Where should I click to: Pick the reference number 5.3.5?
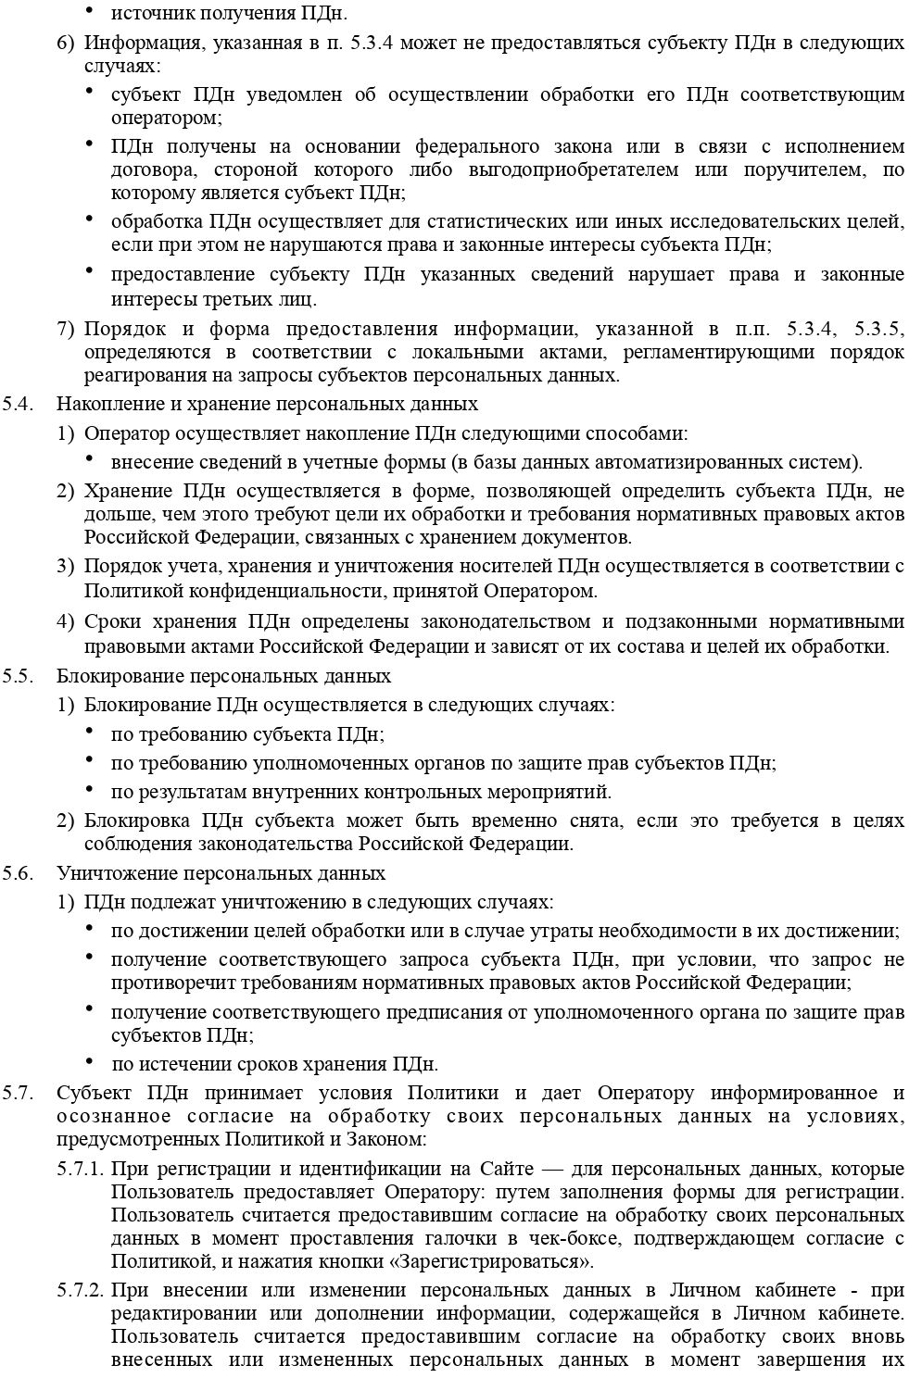879,329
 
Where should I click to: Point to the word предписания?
440,1012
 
